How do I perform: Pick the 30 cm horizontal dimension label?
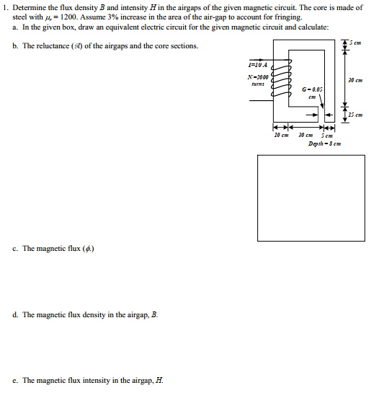[x=306, y=135]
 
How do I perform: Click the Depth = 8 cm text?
[x=324, y=143]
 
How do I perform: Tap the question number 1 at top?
[x=4, y=7]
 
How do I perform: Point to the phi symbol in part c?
[x=90, y=249]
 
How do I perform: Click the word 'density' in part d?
[x=101, y=315]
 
